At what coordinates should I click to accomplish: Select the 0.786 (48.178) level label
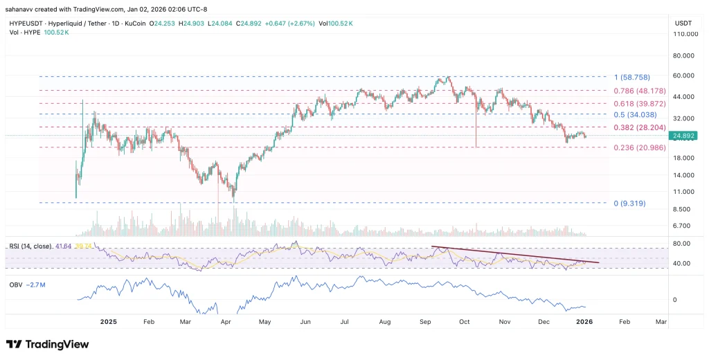point(640,91)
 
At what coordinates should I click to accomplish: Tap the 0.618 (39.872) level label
point(640,103)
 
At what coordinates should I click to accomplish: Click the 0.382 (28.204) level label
point(640,127)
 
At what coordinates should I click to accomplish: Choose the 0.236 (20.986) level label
point(640,147)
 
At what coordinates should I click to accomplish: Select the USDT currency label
point(683,23)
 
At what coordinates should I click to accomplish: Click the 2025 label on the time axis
point(108,321)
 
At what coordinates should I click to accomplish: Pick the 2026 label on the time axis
point(585,321)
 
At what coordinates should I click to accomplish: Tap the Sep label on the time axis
point(425,321)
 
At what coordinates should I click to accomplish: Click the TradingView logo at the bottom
point(48,345)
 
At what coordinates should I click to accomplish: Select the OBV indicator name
point(15,284)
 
